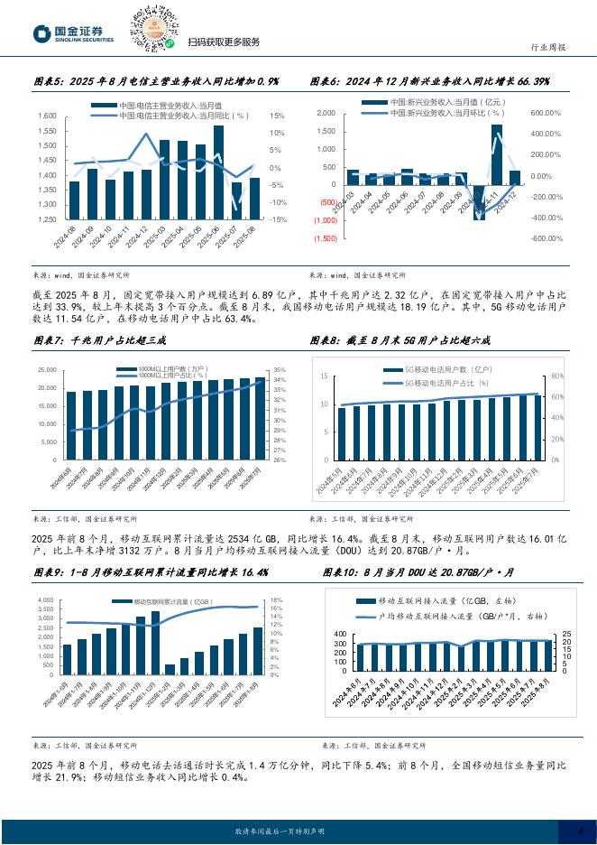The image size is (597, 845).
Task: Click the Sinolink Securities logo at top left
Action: pyautogui.click(x=72, y=32)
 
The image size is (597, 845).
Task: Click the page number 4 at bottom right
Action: pyautogui.click(x=581, y=831)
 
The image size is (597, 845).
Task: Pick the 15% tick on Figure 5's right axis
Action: pyautogui.click(x=278, y=116)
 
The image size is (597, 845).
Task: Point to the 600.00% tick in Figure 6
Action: pyautogui.click(x=546, y=113)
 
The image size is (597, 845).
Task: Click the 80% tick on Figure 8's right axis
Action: pyautogui.click(x=556, y=376)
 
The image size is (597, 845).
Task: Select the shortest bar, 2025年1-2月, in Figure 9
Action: pyautogui.click(x=170, y=669)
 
